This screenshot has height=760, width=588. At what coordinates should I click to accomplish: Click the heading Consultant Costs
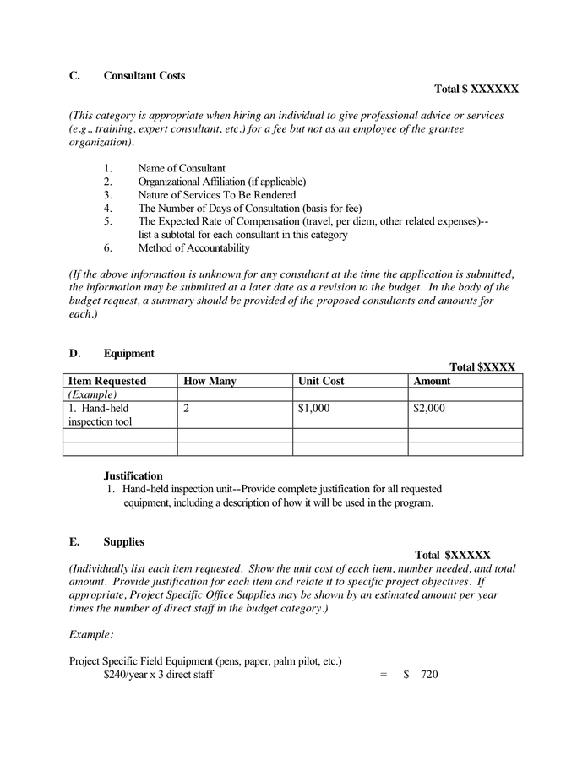[144, 76]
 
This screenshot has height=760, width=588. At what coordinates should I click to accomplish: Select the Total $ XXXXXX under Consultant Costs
[476, 89]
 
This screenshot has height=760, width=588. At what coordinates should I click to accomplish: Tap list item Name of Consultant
[182, 168]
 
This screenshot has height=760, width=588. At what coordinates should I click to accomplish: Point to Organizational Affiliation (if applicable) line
[222, 182]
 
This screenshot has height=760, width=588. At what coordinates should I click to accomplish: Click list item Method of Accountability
[194, 247]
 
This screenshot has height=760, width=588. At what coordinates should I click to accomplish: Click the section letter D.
[74, 353]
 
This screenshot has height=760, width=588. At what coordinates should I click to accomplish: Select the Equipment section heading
[129, 353]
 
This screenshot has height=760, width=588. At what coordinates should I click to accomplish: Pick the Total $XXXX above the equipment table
[482, 367]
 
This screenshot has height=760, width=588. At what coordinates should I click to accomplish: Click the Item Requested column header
[107, 381]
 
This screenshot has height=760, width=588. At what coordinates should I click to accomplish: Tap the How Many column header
[210, 381]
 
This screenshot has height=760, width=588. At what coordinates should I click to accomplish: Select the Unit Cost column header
[321, 381]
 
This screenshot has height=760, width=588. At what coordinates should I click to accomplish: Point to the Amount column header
[432, 381]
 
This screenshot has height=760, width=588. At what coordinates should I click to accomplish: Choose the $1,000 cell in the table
[313, 409]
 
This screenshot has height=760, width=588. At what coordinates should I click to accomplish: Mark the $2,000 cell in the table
[429, 409]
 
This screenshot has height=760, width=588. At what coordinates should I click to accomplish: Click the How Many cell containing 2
[186, 409]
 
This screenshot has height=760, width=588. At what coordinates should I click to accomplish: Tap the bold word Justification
[133, 476]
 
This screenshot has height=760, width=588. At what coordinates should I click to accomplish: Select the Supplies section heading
[124, 541]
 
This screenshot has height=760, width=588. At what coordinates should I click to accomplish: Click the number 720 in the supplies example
[429, 675]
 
